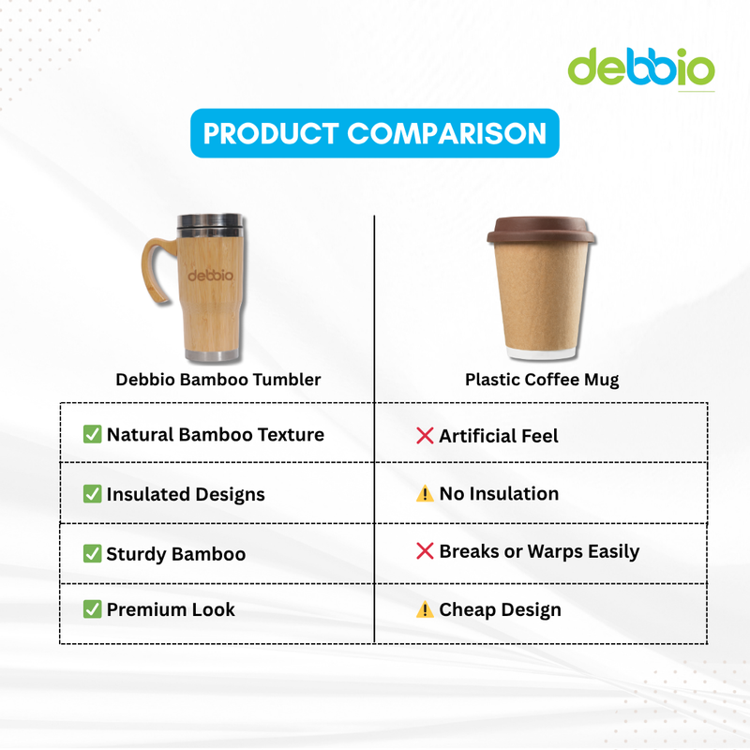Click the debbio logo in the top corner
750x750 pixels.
click(x=641, y=67)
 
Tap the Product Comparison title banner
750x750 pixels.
click(x=375, y=133)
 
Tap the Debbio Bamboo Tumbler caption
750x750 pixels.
click(x=217, y=380)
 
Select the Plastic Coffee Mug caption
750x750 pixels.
click(x=542, y=380)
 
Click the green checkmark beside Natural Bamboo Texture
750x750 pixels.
click(x=92, y=434)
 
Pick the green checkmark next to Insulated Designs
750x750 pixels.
click(x=92, y=494)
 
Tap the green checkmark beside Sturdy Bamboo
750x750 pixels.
click(x=92, y=553)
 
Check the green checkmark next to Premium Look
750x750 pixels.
click(x=92, y=609)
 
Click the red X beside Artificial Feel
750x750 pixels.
click(x=425, y=436)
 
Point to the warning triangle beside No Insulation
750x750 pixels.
click(x=425, y=494)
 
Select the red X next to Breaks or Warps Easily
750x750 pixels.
click(x=425, y=551)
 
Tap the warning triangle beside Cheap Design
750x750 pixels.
click(x=425, y=610)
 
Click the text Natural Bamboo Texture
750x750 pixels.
click(x=215, y=434)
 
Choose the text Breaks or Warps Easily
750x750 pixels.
click(x=539, y=551)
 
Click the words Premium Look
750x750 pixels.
click(x=171, y=609)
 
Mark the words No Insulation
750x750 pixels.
click(x=499, y=493)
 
